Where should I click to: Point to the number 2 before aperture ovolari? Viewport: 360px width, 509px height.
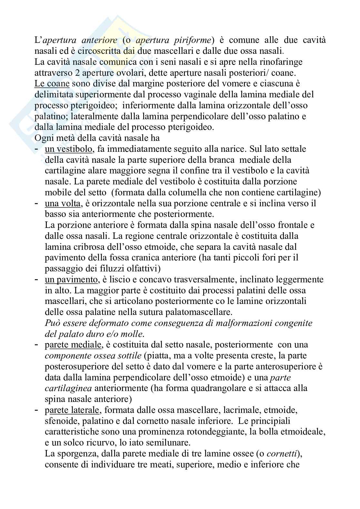click(x=82, y=73)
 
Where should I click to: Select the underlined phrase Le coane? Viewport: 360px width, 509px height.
click(x=52, y=84)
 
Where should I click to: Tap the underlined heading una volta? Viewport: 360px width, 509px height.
click(x=63, y=203)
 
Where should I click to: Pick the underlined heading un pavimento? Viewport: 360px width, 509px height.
click(x=71, y=279)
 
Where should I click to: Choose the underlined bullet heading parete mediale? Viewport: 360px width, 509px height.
click(x=73, y=345)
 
